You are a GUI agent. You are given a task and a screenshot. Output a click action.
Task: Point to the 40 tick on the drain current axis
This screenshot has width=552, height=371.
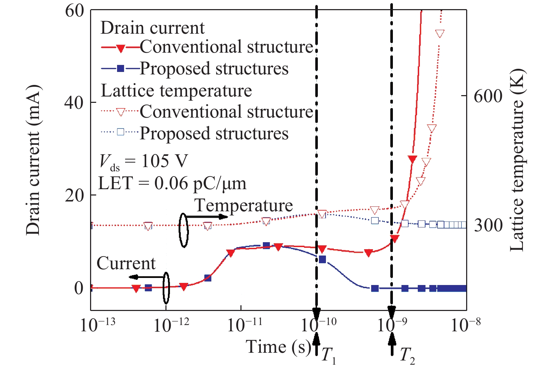click(74, 102)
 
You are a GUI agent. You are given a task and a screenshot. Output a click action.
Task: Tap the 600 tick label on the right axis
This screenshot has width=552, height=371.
click(488, 96)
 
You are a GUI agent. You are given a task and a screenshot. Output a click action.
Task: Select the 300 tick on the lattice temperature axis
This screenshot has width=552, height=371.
click(488, 225)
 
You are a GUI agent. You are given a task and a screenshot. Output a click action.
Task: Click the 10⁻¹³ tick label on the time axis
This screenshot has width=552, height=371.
click(97, 325)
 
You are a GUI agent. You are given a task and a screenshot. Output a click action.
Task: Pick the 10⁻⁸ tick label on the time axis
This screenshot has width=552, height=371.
click(465, 325)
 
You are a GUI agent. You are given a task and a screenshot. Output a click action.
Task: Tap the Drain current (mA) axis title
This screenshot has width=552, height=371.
click(34, 160)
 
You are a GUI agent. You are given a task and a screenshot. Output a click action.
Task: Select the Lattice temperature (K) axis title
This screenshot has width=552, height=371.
click(517, 160)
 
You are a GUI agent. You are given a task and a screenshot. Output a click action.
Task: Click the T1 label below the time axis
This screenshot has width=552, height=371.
click(329, 355)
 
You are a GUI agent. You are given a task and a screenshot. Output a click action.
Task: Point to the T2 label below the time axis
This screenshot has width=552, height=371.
click(407, 355)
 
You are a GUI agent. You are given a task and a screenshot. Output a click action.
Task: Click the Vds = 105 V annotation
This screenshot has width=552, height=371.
click(144, 161)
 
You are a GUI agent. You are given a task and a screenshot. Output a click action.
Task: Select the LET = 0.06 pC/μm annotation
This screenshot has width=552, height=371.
click(172, 183)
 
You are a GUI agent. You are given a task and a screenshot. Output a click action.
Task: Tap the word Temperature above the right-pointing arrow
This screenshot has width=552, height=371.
click(244, 205)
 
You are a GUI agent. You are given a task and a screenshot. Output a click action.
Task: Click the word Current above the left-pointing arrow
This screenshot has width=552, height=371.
click(126, 263)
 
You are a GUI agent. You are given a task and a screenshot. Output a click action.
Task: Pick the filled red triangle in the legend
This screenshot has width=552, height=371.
click(121, 48)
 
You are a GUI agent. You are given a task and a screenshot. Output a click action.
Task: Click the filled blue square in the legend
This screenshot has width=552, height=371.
click(121, 69)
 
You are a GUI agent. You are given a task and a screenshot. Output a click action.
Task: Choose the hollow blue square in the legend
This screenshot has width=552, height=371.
click(121, 132)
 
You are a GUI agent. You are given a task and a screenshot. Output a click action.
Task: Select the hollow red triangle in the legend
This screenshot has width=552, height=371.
click(121, 112)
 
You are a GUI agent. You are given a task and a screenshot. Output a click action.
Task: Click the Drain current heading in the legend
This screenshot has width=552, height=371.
click(152, 28)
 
